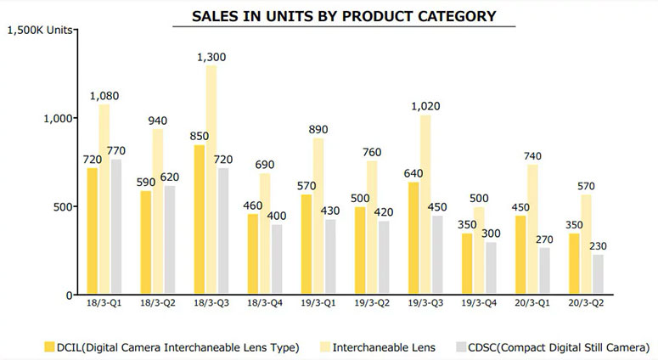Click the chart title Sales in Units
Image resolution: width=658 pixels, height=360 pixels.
[344, 16]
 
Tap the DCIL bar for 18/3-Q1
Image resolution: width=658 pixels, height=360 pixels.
[93, 231]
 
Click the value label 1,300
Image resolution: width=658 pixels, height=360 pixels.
[211, 57]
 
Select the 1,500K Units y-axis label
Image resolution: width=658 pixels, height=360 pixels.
[41, 30]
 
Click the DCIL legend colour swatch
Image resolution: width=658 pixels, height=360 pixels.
[49, 346]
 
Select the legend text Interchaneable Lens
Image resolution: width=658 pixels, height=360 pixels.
[383, 346]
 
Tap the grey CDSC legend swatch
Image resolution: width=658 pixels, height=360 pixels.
[462, 346]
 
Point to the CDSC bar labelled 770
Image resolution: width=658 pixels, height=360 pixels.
[116, 226]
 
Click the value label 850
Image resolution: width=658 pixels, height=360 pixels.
[199, 136]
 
